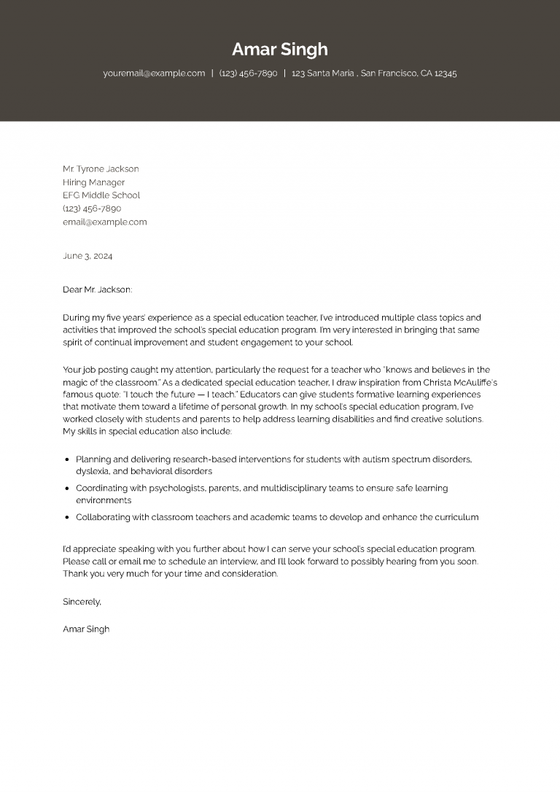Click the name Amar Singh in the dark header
pyautogui.click(x=280, y=50)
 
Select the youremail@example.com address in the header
pyautogui.click(x=154, y=74)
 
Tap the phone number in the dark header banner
pyautogui.click(x=248, y=74)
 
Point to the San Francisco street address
pyautogui.click(x=374, y=74)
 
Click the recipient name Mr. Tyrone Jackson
pyautogui.click(x=101, y=169)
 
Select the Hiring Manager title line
pyautogui.click(x=93, y=182)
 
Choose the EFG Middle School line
pyautogui.click(x=101, y=195)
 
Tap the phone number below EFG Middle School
pyautogui.click(x=92, y=209)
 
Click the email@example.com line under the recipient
pyautogui.click(x=104, y=222)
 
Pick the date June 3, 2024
pyautogui.click(x=87, y=256)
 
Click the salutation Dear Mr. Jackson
pyautogui.click(x=98, y=290)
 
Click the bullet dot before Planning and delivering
pyautogui.click(x=67, y=460)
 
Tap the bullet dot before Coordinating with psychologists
pyautogui.click(x=67, y=489)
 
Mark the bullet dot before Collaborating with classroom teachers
pyautogui.click(x=67, y=518)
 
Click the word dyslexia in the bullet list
pyautogui.click(x=93, y=472)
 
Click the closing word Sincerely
pyautogui.click(x=82, y=602)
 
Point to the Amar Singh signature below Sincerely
pyautogui.click(x=86, y=629)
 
